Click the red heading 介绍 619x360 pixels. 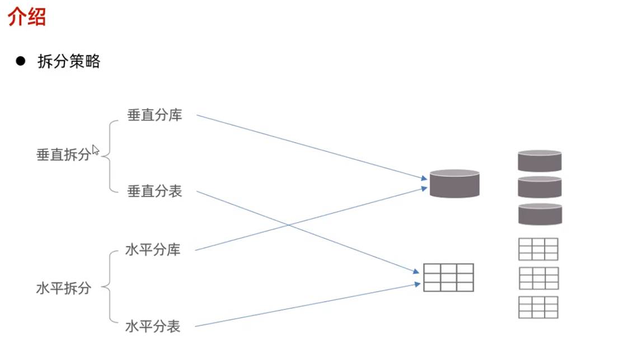tap(27, 18)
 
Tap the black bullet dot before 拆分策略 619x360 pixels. tap(21, 61)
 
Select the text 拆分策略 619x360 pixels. tap(68, 62)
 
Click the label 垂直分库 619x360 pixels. tap(154, 116)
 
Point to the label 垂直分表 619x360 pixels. tap(154, 191)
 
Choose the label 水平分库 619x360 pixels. tap(153, 250)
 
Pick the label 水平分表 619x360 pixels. tap(153, 326)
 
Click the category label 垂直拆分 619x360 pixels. tap(63, 155)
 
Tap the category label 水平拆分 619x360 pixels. tap(63, 289)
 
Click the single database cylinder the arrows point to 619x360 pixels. tap(454, 183)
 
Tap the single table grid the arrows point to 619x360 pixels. tap(448, 277)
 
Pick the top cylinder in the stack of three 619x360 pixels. tap(540, 161)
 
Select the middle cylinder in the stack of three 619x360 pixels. tap(540, 187)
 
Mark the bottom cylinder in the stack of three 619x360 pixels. tap(540, 214)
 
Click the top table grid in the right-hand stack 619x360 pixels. tap(538, 249)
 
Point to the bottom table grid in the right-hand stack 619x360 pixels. tap(538, 307)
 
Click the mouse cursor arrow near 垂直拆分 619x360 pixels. tap(95, 150)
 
